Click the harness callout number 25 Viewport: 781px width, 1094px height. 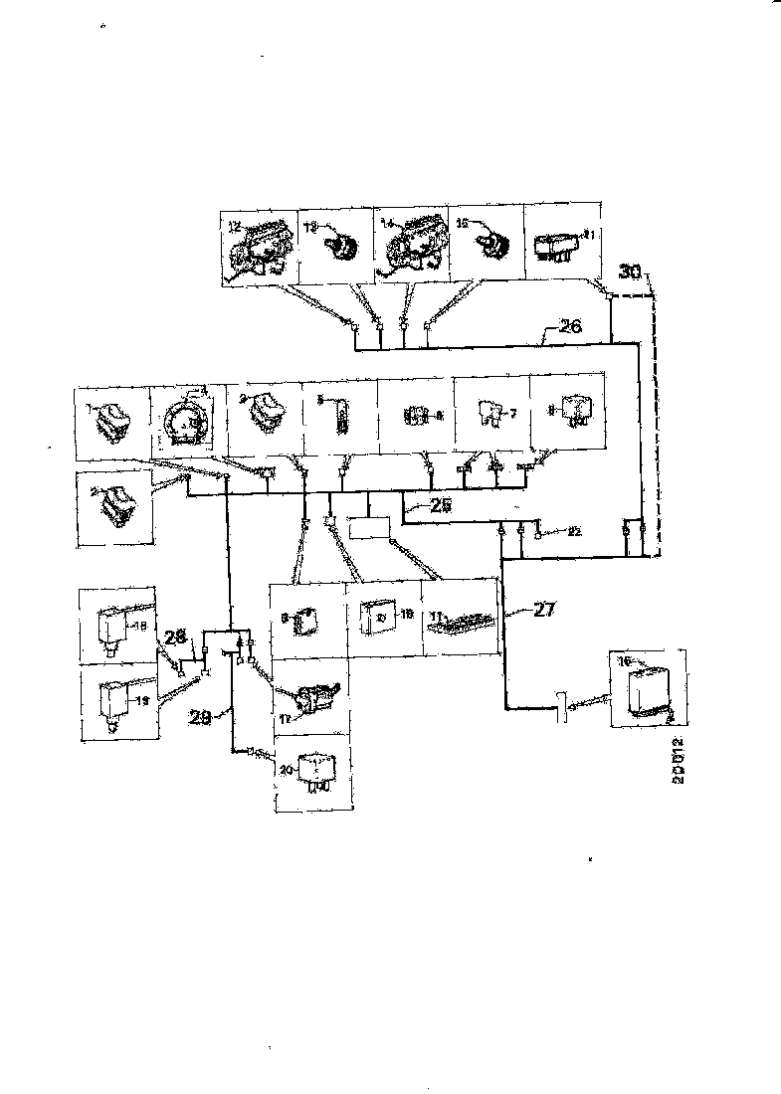tap(441, 506)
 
